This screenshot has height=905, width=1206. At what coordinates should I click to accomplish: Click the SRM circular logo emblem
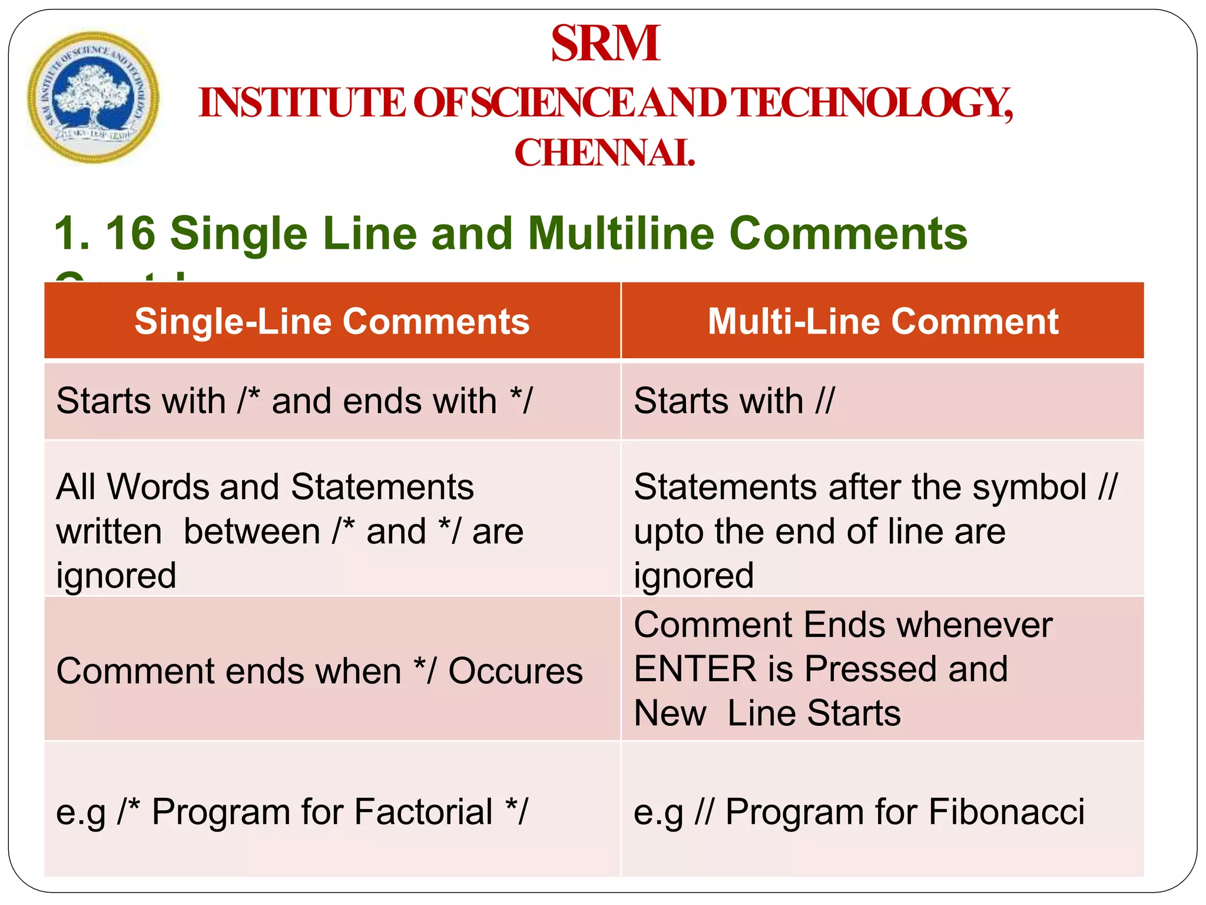(x=92, y=97)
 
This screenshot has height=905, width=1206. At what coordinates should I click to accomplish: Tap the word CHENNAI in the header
(x=605, y=153)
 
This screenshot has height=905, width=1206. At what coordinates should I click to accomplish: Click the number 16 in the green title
(x=130, y=233)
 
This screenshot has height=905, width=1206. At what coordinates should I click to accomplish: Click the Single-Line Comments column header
(x=332, y=322)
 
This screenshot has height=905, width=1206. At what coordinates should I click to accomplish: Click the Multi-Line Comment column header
(x=883, y=322)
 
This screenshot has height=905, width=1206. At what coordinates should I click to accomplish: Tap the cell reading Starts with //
(x=734, y=401)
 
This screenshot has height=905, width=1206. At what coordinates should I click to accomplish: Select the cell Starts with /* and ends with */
(x=294, y=401)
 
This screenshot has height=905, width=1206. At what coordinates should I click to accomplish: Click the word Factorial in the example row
(x=423, y=811)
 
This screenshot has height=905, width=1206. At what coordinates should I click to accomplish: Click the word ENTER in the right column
(x=695, y=669)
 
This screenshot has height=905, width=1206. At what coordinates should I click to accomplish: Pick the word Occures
(x=515, y=671)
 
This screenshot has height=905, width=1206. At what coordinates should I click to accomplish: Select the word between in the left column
(x=252, y=531)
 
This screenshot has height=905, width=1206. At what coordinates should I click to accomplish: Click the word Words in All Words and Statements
(x=158, y=487)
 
